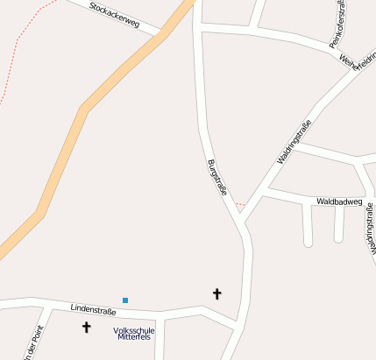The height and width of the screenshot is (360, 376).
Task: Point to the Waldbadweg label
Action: [x=339, y=201]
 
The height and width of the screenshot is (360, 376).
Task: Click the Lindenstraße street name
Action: [x=94, y=309]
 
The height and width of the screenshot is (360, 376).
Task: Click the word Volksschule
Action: [x=134, y=330]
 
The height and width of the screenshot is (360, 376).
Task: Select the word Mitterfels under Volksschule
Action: [x=134, y=337]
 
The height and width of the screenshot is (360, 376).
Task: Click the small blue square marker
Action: [x=125, y=300]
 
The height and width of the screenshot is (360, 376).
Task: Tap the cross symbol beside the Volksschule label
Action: [x=86, y=328]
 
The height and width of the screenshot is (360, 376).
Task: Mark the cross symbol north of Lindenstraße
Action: [x=217, y=293]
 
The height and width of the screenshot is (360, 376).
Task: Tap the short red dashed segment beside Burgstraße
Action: [x=239, y=204]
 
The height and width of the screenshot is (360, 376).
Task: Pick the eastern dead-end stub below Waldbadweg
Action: [x=338, y=226]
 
